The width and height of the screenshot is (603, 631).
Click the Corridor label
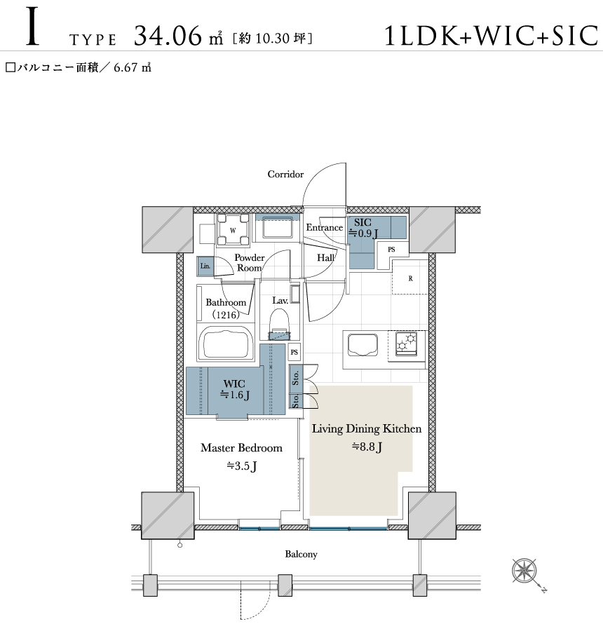(x=285, y=175)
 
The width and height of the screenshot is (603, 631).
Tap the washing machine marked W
(x=233, y=230)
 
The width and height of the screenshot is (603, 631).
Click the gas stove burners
(x=406, y=344)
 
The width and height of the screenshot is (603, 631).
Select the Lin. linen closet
(x=205, y=266)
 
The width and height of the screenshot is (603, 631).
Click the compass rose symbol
(x=524, y=571)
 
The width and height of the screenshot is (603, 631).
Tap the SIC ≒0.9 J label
(x=363, y=228)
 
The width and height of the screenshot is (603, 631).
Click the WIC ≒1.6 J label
(x=235, y=389)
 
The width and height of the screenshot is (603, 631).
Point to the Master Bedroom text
(x=241, y=448)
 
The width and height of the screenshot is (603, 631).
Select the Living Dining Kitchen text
(x=367, y=428)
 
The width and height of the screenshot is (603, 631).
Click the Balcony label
(x=301, y=554)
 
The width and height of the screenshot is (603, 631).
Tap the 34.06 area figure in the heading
(x=168, y=36)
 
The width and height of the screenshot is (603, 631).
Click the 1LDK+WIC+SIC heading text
(x=491, y=36)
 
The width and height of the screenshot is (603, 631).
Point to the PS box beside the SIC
(x=391, y=250)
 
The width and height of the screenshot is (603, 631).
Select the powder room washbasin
(x=278, y=229)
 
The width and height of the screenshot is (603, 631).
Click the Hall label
(x=325, y=257)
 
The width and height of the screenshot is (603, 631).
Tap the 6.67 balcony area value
(x=126, y=67)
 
